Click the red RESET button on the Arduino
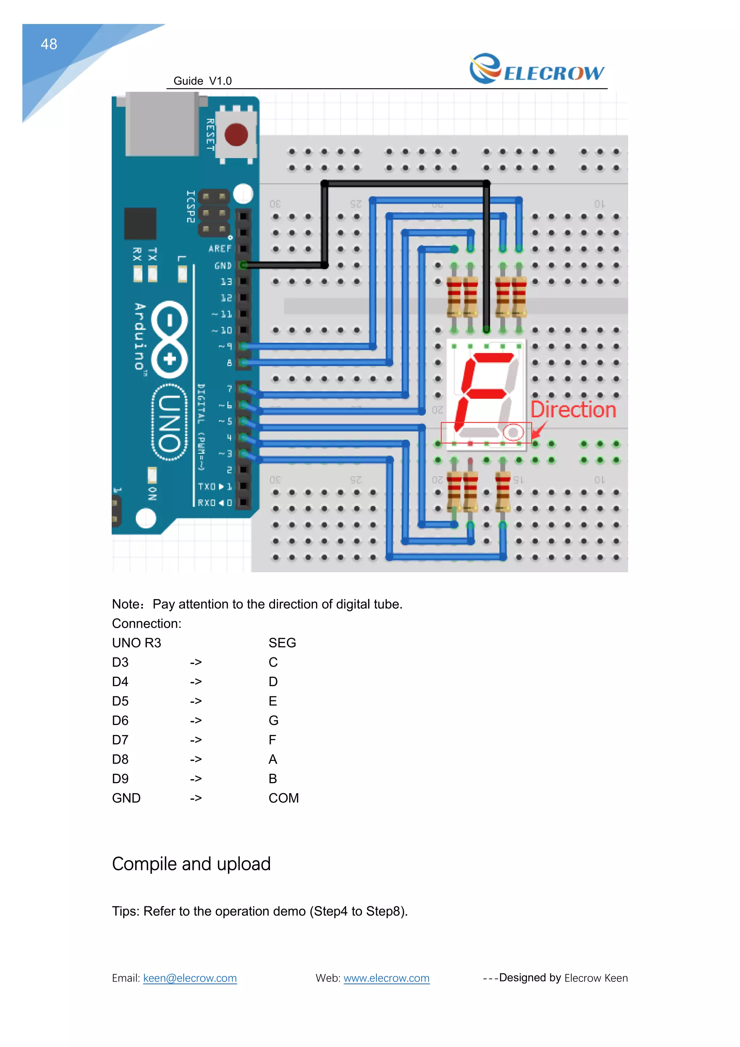[236, 134]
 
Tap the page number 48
[49, 44]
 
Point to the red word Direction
[573, 410]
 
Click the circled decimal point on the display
[513, 432]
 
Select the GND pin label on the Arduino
[223, 265]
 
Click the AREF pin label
[220, 248]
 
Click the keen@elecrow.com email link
[190, 978]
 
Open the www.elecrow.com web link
[386, 978]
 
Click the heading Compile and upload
[192, 864]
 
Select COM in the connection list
[283, 798]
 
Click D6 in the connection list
[120, 721]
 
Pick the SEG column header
[282, 643]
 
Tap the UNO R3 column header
[137, 643]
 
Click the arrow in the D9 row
[196, 779]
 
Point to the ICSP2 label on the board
[190, 206]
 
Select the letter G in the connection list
[274, 721]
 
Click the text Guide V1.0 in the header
[203, 81]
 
